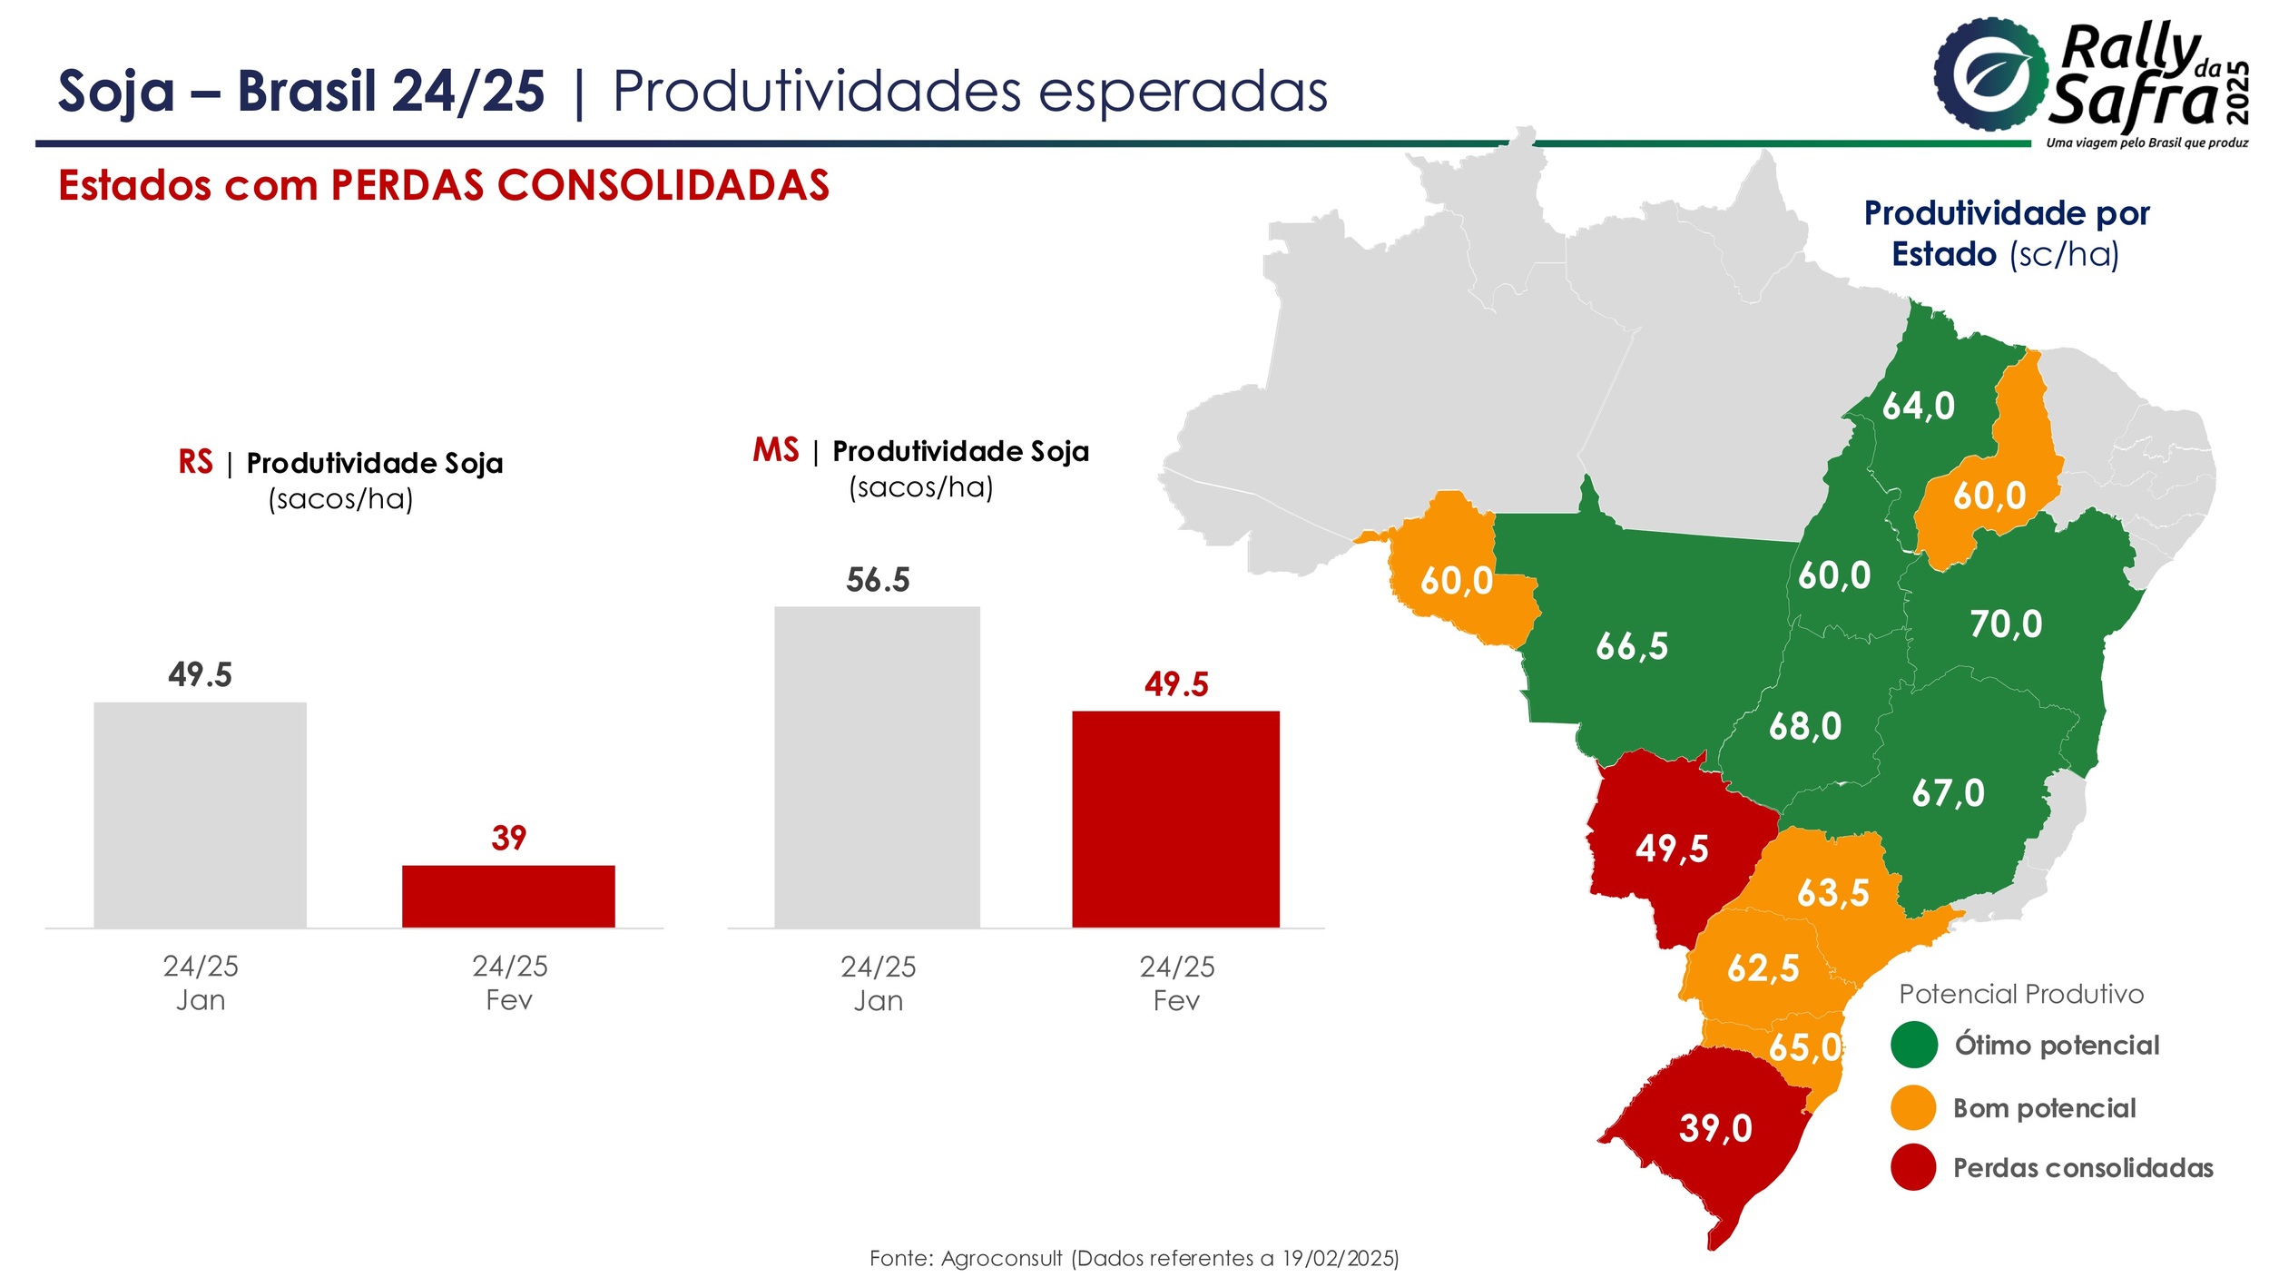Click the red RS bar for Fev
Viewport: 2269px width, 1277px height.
(508, 897)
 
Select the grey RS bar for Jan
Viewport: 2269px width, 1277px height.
(200, 815)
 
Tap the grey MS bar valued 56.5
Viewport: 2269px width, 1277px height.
(877, 767)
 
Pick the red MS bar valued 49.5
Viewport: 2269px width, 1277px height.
(1175, 820)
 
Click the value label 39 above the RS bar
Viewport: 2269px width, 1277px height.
(508, 838)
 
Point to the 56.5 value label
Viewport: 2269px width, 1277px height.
(878, 580)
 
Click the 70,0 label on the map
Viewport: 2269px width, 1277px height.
(2006, 624)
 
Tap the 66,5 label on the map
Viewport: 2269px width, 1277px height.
(1632, 646)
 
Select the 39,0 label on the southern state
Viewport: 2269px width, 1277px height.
(1715, 1128)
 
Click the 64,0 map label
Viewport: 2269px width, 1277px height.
(1919, 406)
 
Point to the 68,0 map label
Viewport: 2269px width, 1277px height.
(1805, 726)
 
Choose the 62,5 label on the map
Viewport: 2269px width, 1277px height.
(1763, 968)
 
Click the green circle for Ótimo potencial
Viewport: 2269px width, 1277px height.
(1914, 1045)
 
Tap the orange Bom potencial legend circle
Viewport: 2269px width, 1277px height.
(1914, 1107)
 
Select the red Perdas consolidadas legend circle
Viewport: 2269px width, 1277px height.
(1914, 1167)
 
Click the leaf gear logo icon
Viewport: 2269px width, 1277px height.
(1991, 74)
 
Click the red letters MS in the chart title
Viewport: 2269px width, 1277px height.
(776, 450)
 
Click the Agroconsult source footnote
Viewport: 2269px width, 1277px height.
(1134, 1258)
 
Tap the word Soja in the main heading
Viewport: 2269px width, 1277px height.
(116, 92)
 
